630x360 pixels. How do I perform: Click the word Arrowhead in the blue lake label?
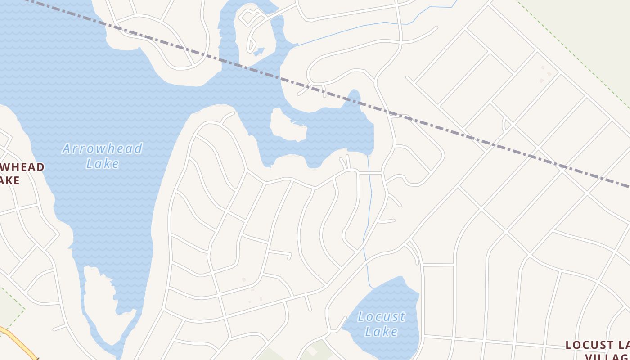click(102, 148)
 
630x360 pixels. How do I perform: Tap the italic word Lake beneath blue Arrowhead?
click(103, 163)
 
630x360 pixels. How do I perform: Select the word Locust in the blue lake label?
click(381, 317)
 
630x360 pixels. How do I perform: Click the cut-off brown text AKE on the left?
click(9, 180)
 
